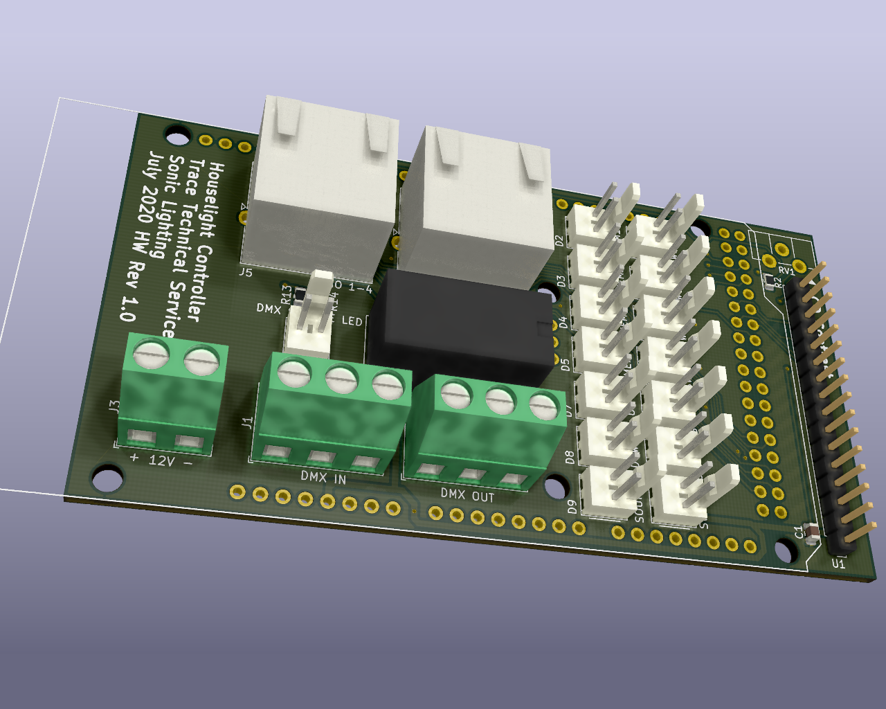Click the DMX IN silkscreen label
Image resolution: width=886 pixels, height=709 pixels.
[x=323, y=478]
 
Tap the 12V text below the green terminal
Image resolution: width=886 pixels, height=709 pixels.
[x=161, y=460]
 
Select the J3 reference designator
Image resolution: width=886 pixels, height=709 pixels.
[x=114, y=406]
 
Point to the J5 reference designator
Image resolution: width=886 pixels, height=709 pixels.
[x=246, y=272]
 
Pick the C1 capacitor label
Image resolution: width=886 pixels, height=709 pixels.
[x=799, y=532]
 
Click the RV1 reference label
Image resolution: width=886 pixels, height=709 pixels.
[x=786, y=270]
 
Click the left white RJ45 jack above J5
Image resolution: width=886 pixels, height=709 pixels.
[x=322, y=183]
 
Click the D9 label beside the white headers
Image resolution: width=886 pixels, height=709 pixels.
[x=572, y=507]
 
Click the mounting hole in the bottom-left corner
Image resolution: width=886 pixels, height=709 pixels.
[x=106, y=478]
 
